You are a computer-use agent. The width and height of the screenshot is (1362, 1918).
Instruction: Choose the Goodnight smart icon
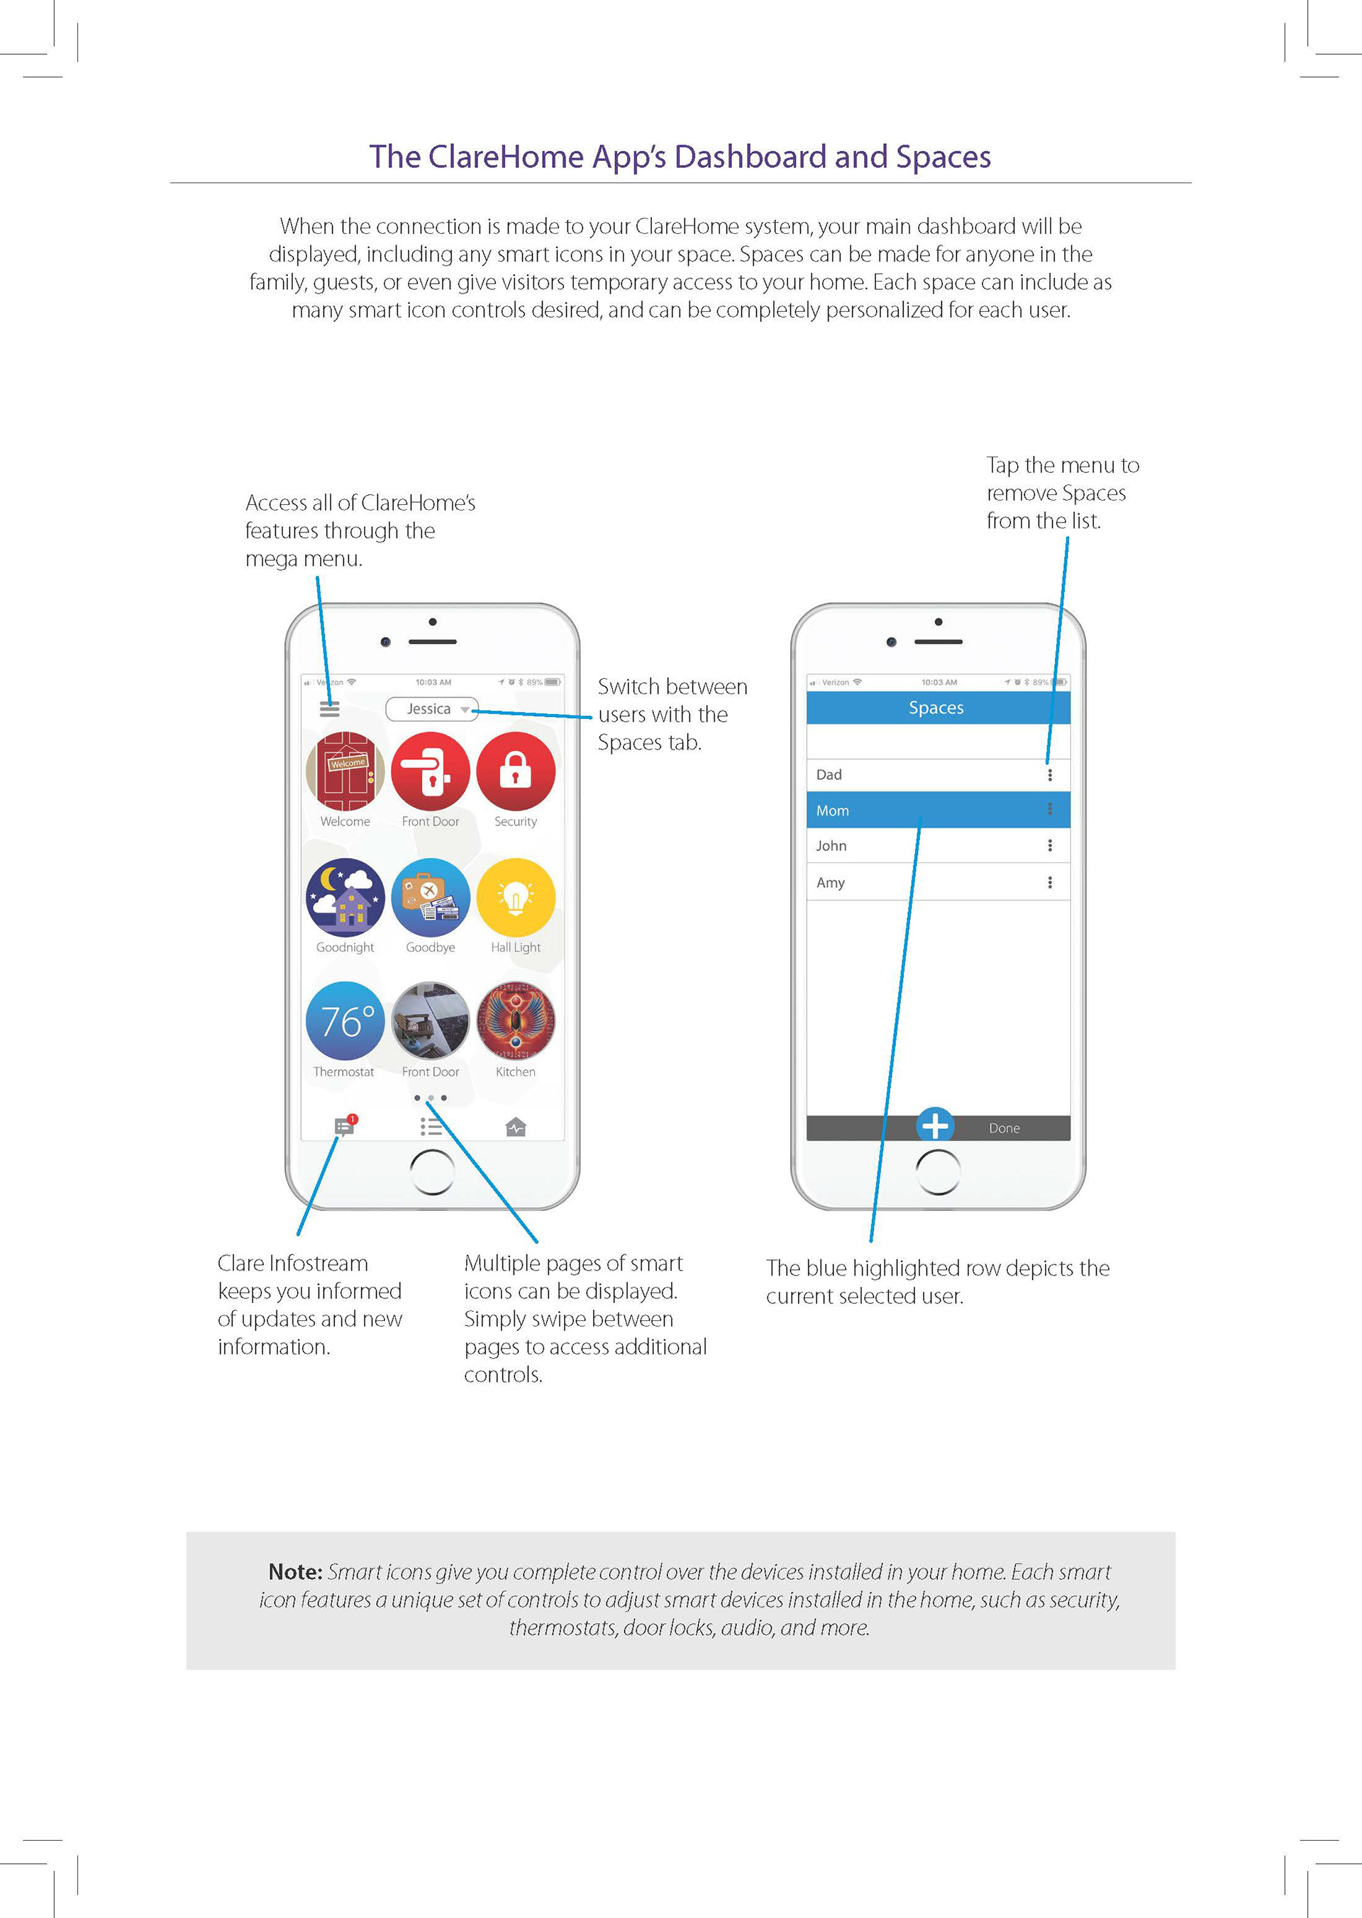[x=345, y=897]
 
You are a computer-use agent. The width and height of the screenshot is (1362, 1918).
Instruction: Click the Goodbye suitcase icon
[x=431, y=897]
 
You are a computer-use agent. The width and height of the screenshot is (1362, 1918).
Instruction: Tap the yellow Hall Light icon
[x=516, y=897]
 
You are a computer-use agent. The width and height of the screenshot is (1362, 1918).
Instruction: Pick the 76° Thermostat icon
[x=345, y=1021]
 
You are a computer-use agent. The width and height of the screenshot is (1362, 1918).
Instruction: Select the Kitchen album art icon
[x=516, y=1021]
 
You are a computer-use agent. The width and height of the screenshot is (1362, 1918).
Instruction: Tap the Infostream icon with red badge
[x=345, y=1126]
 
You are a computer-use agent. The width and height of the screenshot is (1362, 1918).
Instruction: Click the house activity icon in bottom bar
[x=516, y=1127]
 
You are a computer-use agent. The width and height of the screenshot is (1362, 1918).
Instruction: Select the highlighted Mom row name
[x=833, y=810]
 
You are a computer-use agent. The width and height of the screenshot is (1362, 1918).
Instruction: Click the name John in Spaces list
[x=831, y=846]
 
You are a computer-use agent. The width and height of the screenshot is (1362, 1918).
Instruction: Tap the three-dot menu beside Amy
[x=1049, y=883]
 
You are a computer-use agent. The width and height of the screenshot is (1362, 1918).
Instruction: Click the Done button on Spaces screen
[x=1004, y=1128]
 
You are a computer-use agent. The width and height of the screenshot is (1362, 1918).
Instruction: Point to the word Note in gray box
[x=295, y=1572]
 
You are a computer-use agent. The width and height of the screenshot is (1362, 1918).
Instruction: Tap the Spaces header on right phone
[x=936, y=708]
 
